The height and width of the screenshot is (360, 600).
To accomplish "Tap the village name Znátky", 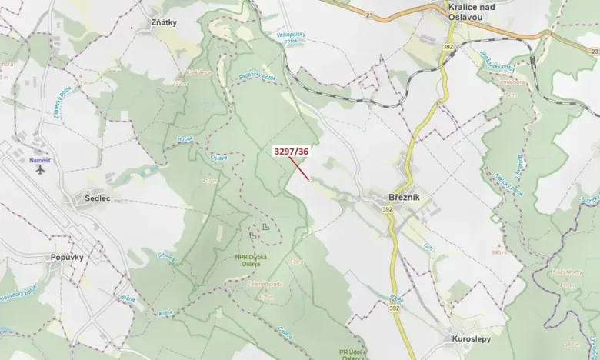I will [164, 22].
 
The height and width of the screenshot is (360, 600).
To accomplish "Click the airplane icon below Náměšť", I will [40, 170].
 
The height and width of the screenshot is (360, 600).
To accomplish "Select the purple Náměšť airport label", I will [39, 160].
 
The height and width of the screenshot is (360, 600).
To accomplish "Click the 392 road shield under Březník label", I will [386, 209].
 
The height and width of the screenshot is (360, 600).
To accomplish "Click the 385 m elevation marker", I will [501, 252].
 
